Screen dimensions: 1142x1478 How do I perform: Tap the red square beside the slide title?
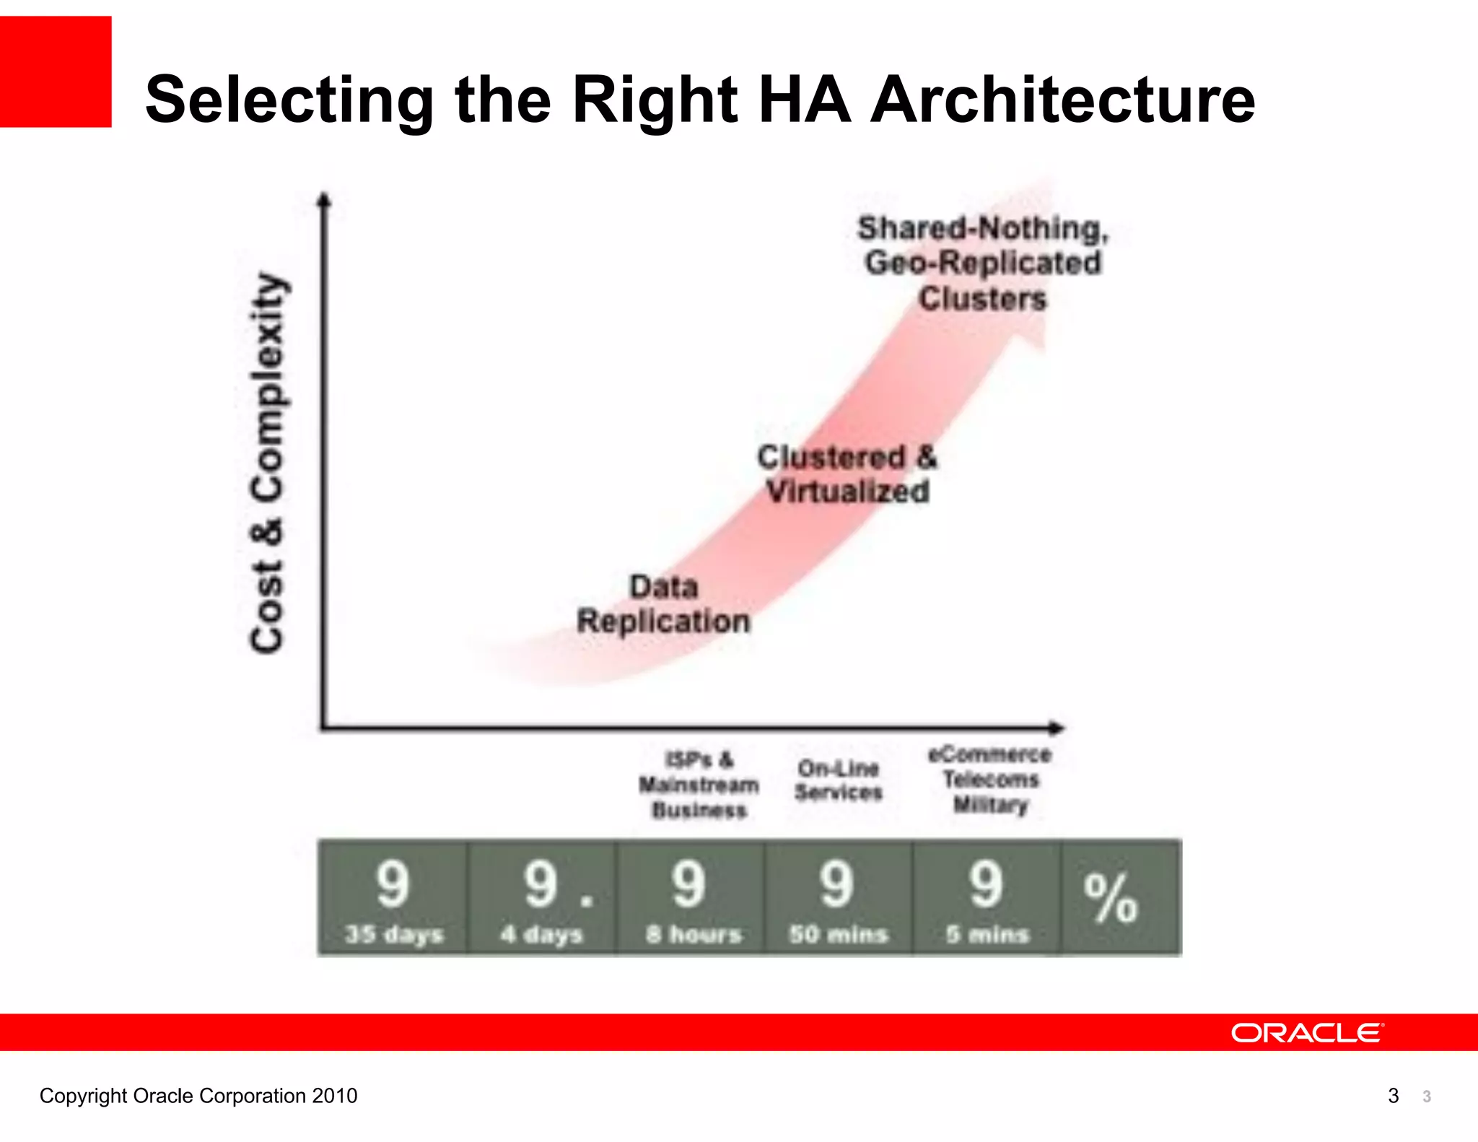point(56,71)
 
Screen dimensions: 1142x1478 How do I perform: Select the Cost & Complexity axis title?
point(267,463)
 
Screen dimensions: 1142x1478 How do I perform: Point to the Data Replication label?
point(663,604)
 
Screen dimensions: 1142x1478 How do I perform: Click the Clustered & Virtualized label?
point(847,474)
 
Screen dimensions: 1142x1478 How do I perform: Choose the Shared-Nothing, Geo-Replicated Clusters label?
point(983,263)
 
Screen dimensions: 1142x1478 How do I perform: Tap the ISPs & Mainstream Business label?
point(699,785)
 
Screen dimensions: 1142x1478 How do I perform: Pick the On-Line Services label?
point(839,780)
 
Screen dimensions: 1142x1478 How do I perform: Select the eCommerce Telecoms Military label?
point(990,780)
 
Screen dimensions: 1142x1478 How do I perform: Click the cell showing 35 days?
point(393,898)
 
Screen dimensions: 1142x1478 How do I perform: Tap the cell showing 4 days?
point(541,898)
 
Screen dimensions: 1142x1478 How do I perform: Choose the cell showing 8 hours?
point(691,898)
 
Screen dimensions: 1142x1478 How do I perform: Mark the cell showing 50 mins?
point(839,898)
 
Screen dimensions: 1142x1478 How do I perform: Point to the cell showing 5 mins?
point(987,898)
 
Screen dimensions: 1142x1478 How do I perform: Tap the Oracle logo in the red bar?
point(1307,1033)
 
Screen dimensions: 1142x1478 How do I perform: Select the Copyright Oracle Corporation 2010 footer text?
point(198,1096)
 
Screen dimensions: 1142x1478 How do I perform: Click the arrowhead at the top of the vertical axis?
point(324,199)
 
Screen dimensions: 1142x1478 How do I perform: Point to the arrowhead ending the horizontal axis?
point(1057,728)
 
